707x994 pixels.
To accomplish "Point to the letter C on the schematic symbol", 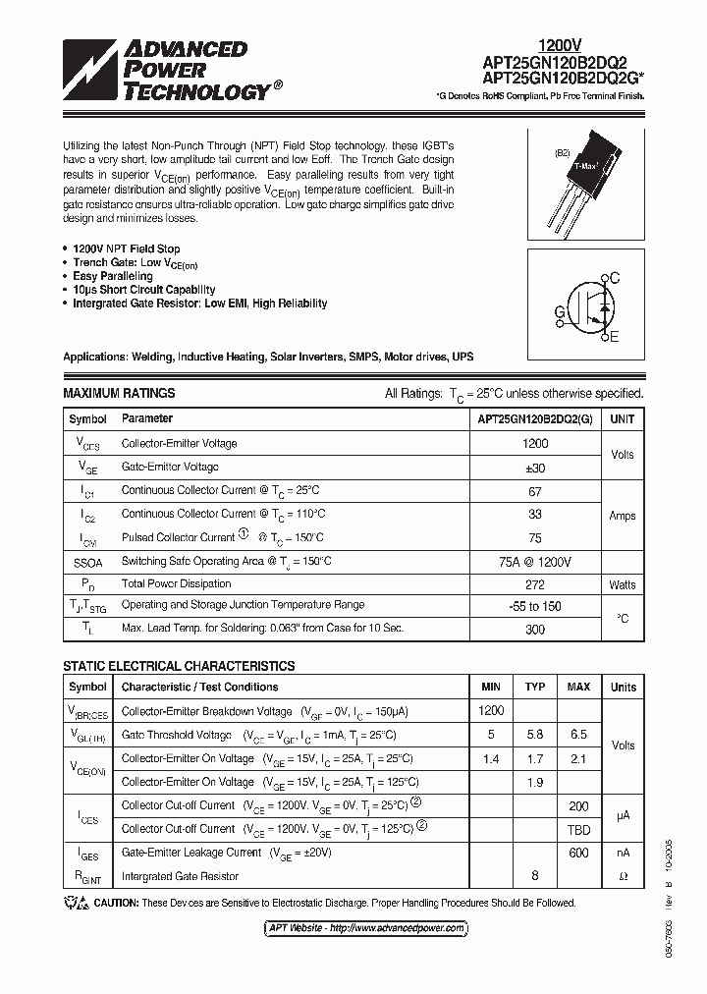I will (615, 279).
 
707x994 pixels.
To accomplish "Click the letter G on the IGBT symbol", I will (559, 312).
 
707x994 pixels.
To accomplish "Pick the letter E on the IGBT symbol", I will (615, 338).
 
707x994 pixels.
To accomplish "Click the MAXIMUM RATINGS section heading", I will (119, 393).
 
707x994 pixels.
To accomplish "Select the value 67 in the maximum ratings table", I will (535, 490).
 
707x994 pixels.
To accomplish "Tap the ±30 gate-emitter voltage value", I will (535, 467).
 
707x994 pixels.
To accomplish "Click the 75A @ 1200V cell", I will (535, 561).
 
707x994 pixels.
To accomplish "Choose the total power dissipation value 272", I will (535, 583).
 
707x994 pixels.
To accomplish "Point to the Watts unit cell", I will (622, 584).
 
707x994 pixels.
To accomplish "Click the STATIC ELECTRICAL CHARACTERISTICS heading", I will (179, 666).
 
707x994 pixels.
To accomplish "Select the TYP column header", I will (535, 687).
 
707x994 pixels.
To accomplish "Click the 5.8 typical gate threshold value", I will (535, 735).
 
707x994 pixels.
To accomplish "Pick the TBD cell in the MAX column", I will (578, 829).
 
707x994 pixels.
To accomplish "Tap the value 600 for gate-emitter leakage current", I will (578, 853).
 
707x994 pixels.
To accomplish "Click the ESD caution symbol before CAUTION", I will (76, 903).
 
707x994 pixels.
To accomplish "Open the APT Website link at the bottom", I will (366, 928).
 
